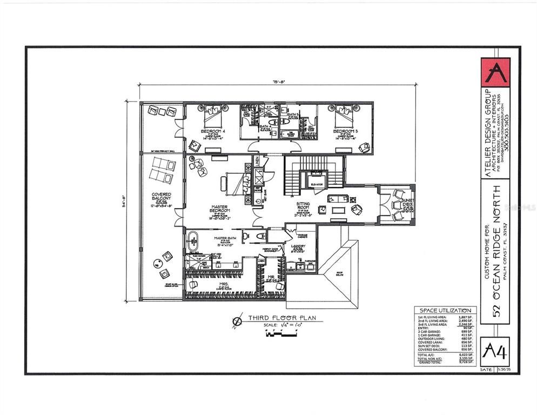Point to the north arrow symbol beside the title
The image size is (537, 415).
(x=237, y=322)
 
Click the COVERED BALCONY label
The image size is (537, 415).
(x=162, y=197)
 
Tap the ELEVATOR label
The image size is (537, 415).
(x=317, y=184)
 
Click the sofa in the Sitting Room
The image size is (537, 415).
(x=338, y=198)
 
